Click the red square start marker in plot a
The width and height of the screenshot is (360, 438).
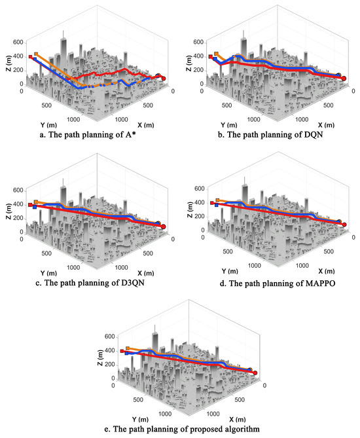31,57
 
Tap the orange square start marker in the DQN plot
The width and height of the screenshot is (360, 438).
216,53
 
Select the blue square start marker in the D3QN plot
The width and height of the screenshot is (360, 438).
35,207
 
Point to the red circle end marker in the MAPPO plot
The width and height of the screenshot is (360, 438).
344,225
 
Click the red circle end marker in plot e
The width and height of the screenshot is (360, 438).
255,373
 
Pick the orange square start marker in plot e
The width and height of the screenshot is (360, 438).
128,348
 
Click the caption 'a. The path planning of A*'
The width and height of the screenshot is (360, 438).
88,135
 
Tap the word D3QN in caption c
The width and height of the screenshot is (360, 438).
133,283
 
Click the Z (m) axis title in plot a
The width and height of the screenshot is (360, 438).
9,63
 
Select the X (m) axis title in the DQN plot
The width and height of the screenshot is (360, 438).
326,125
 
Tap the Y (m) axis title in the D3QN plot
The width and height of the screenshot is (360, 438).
48,273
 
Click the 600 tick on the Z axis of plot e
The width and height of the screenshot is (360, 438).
109,337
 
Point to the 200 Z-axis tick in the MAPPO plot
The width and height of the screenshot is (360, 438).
200,217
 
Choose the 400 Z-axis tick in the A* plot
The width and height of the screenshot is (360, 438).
18,56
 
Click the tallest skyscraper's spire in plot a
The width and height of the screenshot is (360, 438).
63,35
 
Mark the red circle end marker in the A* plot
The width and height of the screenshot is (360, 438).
164,79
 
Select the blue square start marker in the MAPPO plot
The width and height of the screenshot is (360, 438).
217,205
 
